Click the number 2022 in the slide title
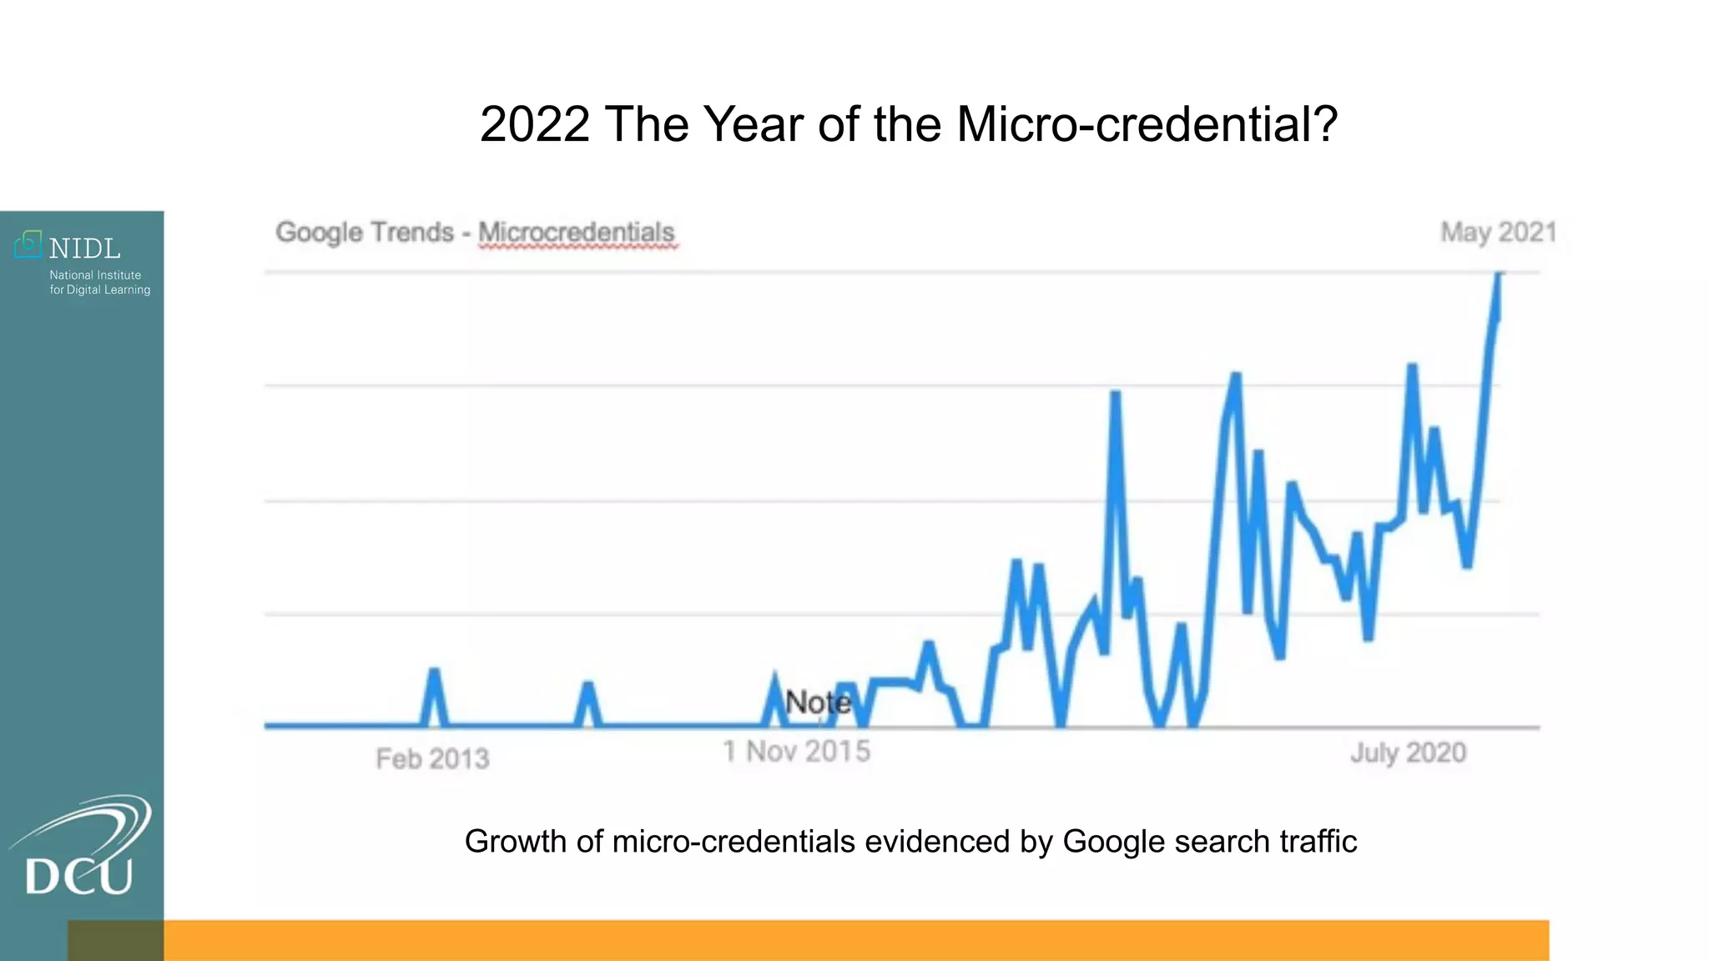click(535, 125)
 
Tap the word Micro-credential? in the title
click(1147, 125)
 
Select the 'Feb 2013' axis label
click(432, 758)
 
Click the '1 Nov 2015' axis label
click(796, 752)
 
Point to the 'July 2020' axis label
click(1408, 752)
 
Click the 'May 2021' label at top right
click(1499, 232)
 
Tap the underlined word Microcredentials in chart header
click(577, 233)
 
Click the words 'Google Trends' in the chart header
click(365, 233)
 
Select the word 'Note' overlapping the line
click(818, 702)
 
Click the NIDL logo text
click(84, 249)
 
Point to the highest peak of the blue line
click(1499, 275)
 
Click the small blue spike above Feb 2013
click(434, 672)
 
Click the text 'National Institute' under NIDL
click(95, 275)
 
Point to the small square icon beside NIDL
click(28, 244)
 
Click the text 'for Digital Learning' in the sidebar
click(100, 290)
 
